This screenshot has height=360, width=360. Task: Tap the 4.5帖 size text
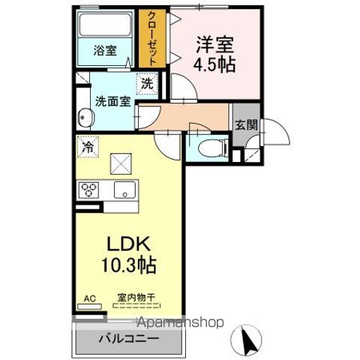[x=214, y=64]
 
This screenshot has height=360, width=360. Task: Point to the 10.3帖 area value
[x=129, y=266]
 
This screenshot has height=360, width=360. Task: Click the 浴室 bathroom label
[x=104, y=51]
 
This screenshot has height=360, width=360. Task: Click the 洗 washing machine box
[x=146, y=83]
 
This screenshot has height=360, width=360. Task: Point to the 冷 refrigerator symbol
[x=88, y=147]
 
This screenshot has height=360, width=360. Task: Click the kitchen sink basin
[x=124, y=190]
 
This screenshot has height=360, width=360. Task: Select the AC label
[x=89, y=298]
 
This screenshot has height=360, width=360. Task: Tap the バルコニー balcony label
[x=128, y=339]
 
